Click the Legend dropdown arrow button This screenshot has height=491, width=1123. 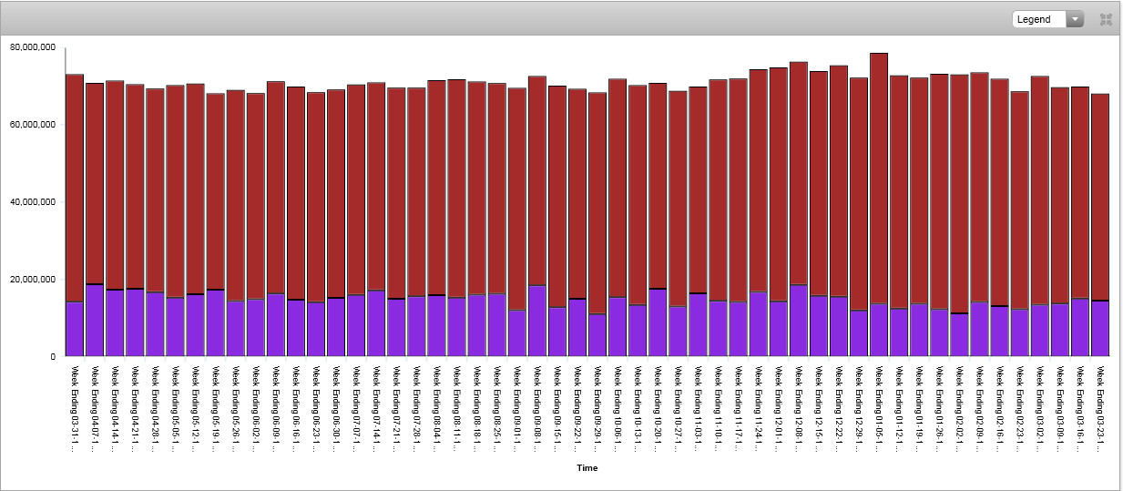[x=1075, y=19]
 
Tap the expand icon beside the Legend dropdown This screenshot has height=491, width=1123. [x=1107, y=19]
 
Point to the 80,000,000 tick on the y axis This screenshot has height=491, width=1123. [x=33, y=46]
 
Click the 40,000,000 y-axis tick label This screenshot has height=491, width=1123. [x=33, y=201]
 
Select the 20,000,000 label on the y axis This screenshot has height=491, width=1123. [x=33, y=279]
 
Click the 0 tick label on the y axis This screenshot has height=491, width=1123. [x=52, y=356]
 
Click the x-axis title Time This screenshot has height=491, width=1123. [x=587, y=467]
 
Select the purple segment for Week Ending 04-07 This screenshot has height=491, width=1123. [x=95, y=320]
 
